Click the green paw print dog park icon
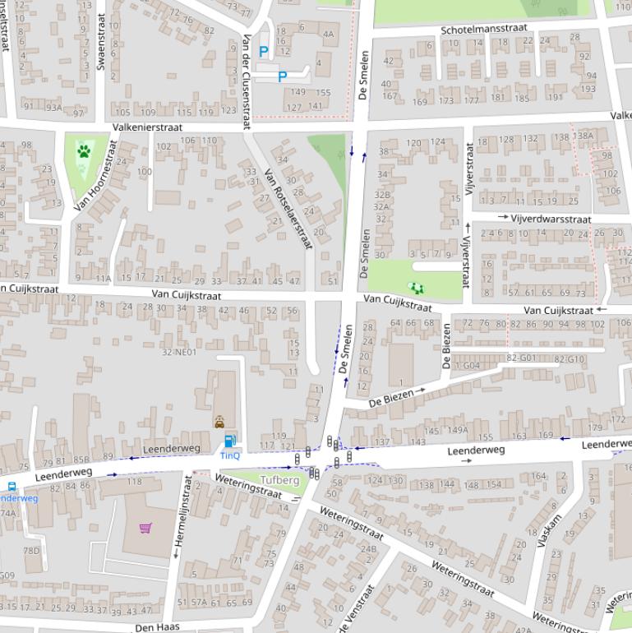(84, 151)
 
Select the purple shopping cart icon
(145, 528)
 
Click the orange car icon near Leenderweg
(219, 422)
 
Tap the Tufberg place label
(279, 479)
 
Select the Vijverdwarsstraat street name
(551, 219)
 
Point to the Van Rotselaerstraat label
(288, 210)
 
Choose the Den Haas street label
(157, 626)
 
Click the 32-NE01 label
(179, 352)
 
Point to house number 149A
(457, 430)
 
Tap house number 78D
(31, 551)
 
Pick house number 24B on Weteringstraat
(368, 549)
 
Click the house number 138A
(584, 136)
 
